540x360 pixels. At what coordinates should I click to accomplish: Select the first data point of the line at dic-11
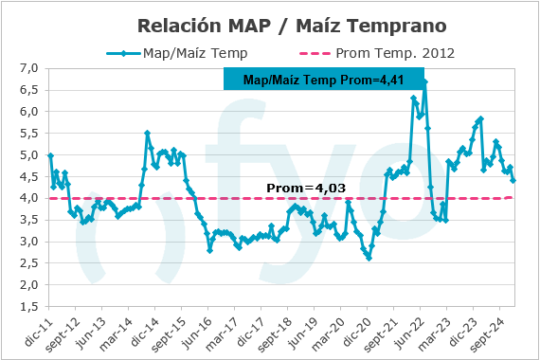coord(50,155)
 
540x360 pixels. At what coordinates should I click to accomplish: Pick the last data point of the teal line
coord(513,180)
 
